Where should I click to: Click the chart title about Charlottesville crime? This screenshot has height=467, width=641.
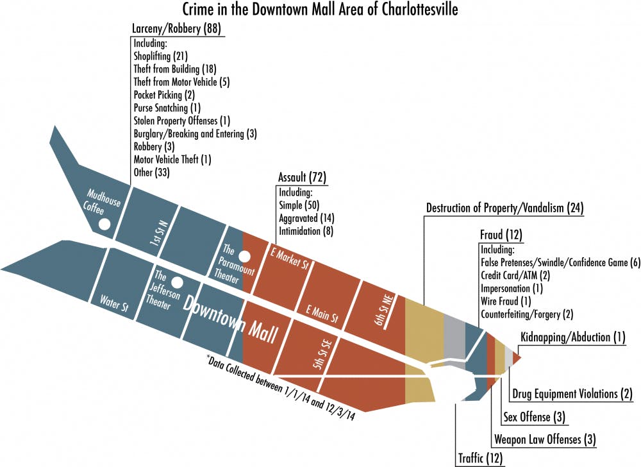[320, 10]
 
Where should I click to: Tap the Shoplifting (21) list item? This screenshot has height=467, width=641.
[161, 56]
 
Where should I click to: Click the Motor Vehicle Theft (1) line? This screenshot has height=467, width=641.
[172, 159]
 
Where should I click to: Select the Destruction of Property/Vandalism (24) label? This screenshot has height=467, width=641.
[504, 208]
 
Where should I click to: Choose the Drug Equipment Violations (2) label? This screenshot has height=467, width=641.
[572, 393]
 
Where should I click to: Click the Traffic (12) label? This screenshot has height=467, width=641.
[480, 458]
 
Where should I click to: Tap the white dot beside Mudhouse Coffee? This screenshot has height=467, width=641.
[104, 224]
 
